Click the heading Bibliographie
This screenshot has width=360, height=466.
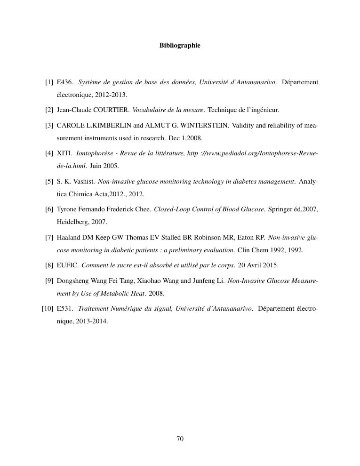[x=180, y=46]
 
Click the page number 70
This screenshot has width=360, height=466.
[x=180, y=439]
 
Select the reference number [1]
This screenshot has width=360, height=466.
[x=49, y=82]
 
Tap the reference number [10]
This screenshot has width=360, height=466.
[x=47, y=309]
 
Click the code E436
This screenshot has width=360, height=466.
[x=64, y=82]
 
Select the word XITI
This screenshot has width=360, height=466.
[x=64, y=153]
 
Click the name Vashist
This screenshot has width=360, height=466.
[x=84, y=181]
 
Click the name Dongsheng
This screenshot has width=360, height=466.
[x=72, y=281]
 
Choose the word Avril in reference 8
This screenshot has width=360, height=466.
[x=256, y=265]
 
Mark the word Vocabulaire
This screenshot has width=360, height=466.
[x=150, y=110]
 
